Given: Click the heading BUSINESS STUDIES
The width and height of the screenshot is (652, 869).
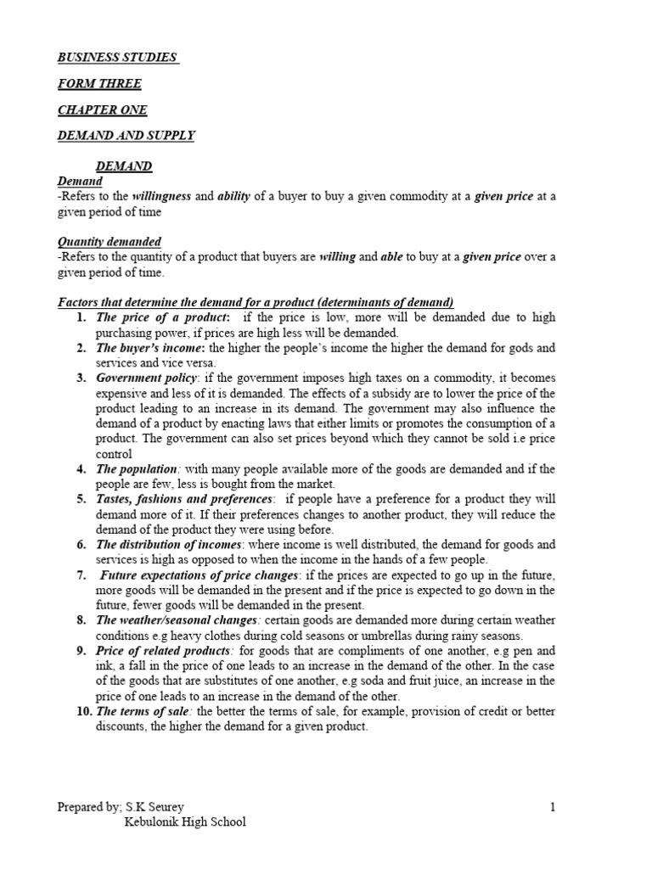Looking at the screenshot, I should (x=117, y=58).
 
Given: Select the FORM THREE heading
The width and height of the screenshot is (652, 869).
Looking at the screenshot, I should (x=99, y=84).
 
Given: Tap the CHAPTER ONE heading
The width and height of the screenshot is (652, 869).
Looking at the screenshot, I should (x=102, y=110).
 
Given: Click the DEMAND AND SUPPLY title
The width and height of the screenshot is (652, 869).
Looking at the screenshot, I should (x=126, y=136).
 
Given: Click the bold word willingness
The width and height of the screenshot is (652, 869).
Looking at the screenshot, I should (x=162, y=197).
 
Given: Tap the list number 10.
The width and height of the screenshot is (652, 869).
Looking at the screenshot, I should (x=82, y=711).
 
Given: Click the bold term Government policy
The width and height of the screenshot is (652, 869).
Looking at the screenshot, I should (x=147, y=378).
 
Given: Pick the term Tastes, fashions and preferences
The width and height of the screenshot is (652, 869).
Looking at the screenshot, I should (x=185, y=499).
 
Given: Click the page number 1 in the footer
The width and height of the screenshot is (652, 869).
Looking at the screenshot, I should (x=553, y=807).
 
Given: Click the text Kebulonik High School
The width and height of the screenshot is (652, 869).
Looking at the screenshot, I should (x=185, y=822).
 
